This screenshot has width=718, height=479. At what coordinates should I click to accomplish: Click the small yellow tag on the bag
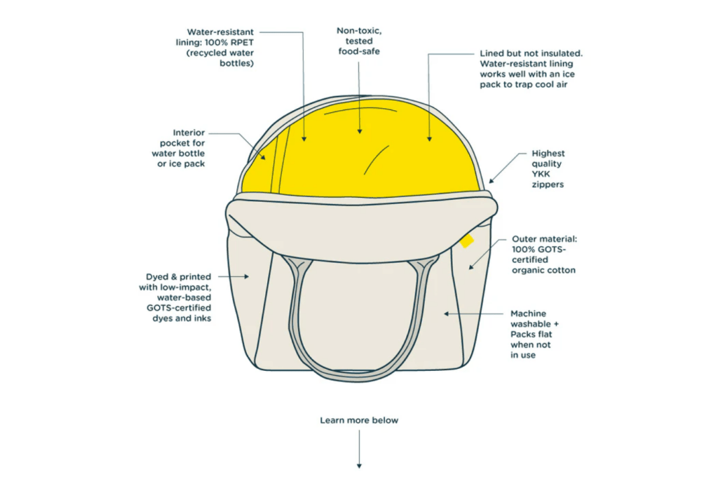click(x=467, y=241)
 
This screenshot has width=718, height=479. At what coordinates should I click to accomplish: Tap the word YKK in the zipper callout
click(x=541, y=174)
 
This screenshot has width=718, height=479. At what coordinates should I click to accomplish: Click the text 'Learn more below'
click(x=359, y=420)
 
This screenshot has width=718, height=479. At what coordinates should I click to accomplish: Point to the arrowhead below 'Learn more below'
click(x=359, y=466)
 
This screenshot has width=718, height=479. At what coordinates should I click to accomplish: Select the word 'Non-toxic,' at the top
click(x=359, y=31)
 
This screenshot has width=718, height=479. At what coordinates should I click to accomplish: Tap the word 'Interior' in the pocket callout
click(x=189, y=133)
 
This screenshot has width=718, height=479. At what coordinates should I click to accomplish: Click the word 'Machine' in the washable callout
click(x=529, y=313)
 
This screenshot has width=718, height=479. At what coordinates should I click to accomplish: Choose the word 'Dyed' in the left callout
click(x=156, y=276)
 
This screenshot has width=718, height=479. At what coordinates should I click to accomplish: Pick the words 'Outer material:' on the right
click(x=544, y=238)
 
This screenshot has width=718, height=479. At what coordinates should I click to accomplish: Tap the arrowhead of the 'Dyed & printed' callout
click(x=246, y=276)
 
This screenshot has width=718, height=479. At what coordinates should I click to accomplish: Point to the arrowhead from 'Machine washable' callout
click(x=447, y=313)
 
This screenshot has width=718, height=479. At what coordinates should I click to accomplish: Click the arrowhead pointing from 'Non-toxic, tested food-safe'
click(x=360, y=131)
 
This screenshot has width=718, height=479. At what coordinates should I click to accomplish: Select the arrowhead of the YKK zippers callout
click(x=492, y=180)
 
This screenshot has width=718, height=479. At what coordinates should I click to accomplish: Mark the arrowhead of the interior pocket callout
click(x=264, y=157)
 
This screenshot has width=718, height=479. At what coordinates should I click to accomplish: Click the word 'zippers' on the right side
click(x=548, y=184)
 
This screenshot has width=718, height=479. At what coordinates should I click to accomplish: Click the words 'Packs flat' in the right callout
click(x=531, y=335)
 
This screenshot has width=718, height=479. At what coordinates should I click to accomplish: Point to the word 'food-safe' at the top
click(x=359, y=51)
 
